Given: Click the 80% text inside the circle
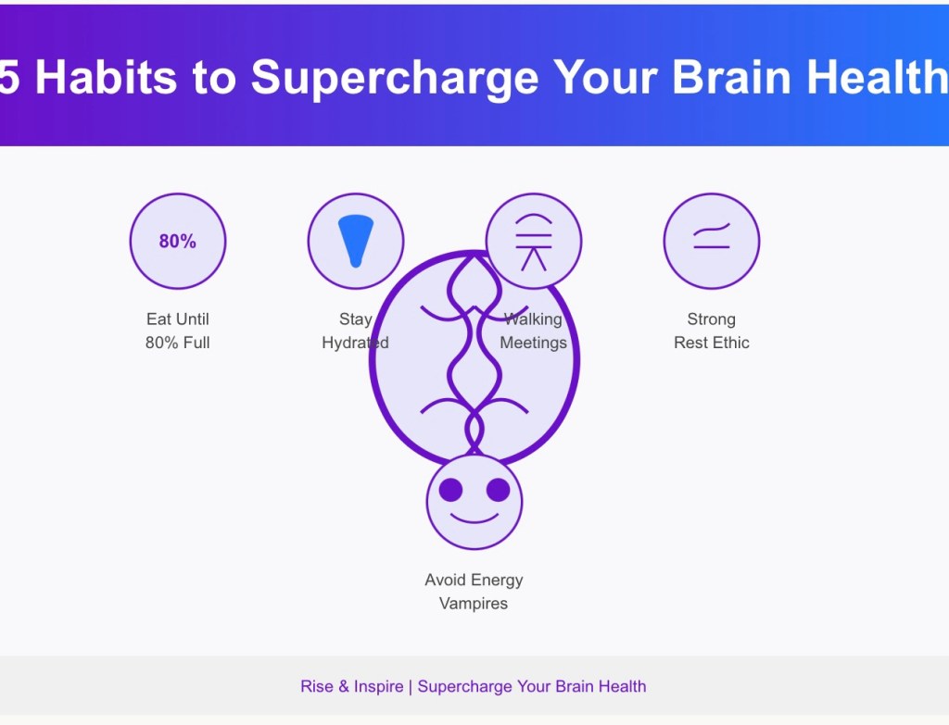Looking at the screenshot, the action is (177, 242).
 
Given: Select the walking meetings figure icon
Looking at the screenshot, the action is (533, 242).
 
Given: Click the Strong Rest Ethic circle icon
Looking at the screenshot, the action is (711, 242).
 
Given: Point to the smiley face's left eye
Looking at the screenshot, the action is (450, 490).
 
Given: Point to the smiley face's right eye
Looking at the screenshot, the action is (498, 490).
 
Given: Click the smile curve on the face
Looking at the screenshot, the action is (474, 519).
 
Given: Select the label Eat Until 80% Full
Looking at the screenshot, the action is (177, 331).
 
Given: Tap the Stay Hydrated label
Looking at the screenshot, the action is (355, 331).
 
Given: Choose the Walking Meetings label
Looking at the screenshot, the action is (533, 331).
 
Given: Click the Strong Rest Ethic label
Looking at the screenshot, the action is (711, 331).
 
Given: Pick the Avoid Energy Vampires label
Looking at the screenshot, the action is (474, 592).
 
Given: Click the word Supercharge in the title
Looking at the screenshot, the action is (395, 79).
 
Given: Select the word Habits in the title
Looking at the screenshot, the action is (107, 77).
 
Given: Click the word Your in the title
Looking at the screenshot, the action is (605, 77).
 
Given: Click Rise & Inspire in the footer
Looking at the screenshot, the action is (351, 686).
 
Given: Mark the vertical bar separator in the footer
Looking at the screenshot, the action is (411, 687).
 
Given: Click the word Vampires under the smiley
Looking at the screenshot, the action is (474, 604).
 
